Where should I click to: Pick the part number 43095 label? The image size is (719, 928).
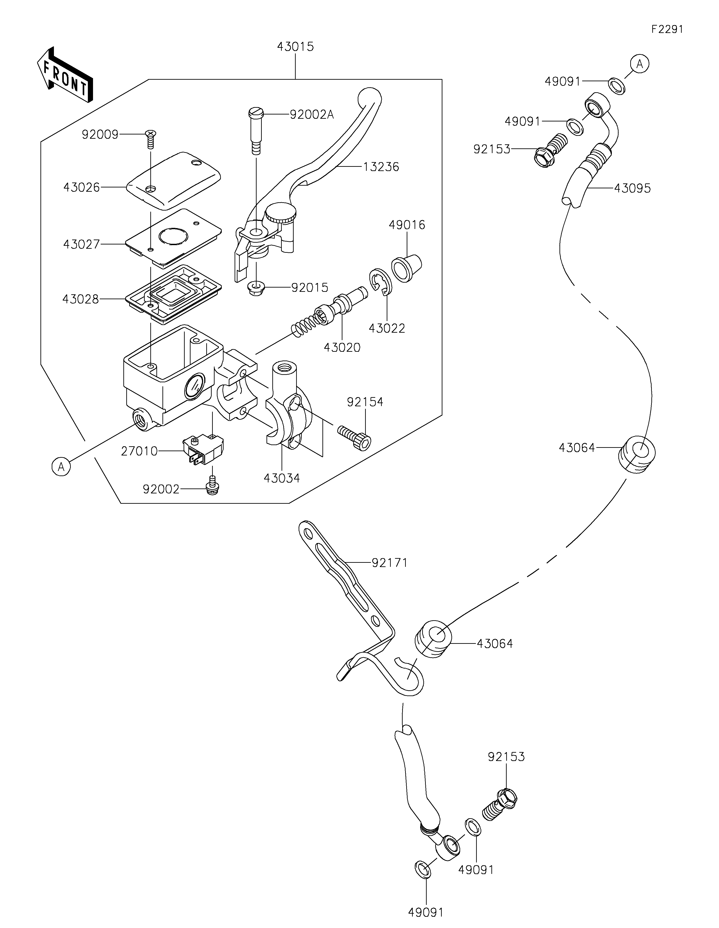click(632, 188)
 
